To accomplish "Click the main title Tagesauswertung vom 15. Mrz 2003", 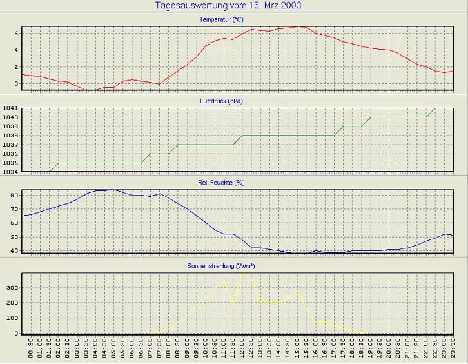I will click(228, 6).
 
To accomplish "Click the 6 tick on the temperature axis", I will click(15, 33).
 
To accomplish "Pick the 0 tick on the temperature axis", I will click(15, 83).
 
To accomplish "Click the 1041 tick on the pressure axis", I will click(10, 108).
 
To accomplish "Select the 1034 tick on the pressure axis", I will click(10, 172).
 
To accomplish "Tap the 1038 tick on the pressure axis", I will click(10, 136).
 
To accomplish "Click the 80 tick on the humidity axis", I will click(14, 194).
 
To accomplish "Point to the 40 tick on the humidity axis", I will click(14, 250).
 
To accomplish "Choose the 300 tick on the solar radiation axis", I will click(12, 286).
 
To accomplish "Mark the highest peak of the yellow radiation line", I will click(242, 273).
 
